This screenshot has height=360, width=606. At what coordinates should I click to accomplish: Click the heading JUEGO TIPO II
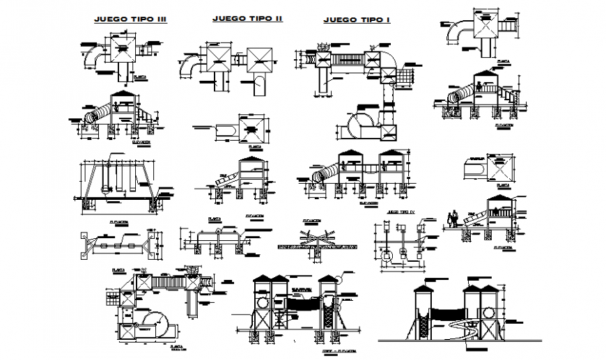tap(247, 18)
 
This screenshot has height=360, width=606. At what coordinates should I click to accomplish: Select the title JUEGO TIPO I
tap(357, 20)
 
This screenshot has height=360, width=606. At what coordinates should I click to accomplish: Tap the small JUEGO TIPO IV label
tap(403, 211)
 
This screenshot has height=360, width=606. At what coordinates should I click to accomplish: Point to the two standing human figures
tap(454, 219)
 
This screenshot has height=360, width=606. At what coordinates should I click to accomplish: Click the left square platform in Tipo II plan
tap(212, 58)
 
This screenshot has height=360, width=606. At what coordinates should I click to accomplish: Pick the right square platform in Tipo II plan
tap(262, 58)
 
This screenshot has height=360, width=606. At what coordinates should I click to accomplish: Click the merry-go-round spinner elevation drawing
tap(317, 244)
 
